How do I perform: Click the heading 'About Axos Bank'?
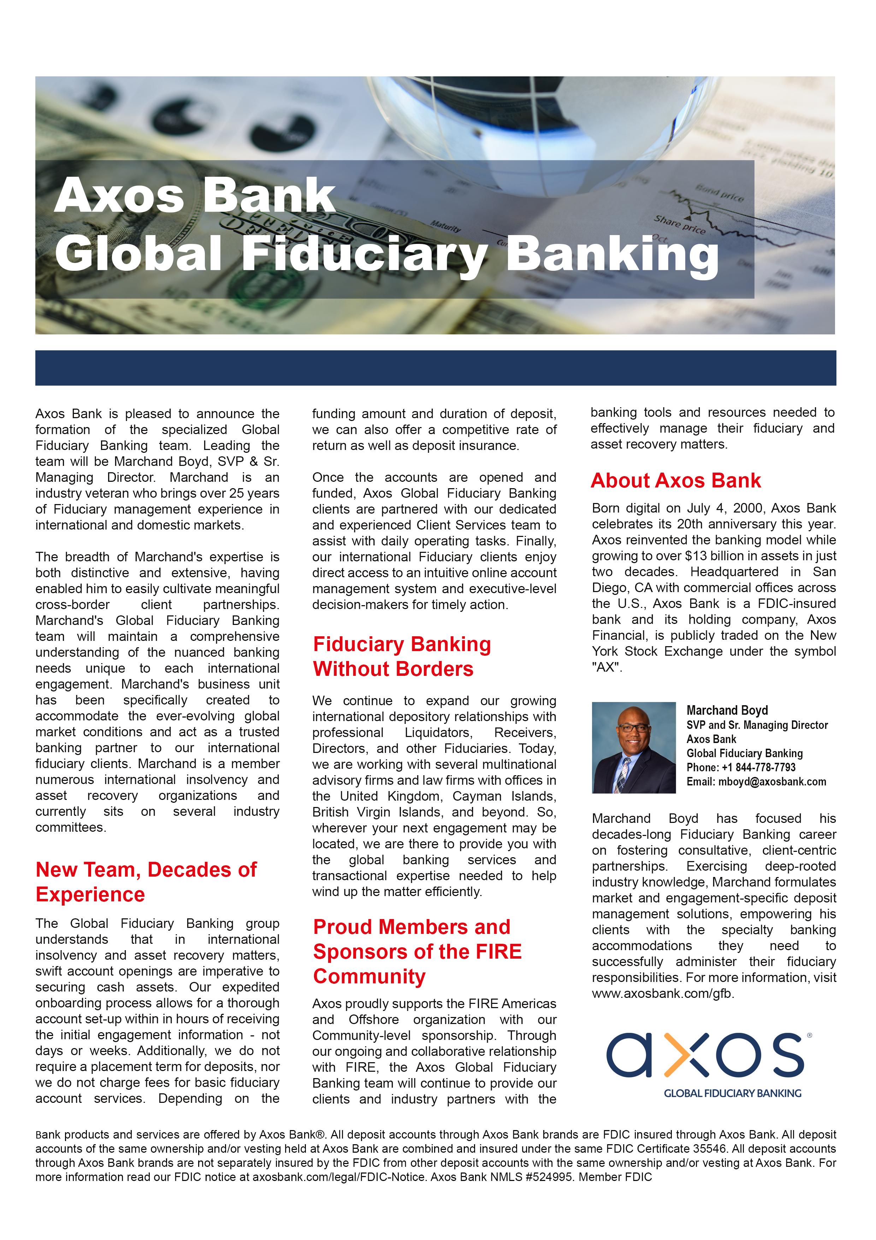click(675, 481)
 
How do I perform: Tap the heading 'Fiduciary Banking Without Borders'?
click(402, 656)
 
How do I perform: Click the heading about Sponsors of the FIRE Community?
click(417, 952)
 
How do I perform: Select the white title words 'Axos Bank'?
click(194, 195)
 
